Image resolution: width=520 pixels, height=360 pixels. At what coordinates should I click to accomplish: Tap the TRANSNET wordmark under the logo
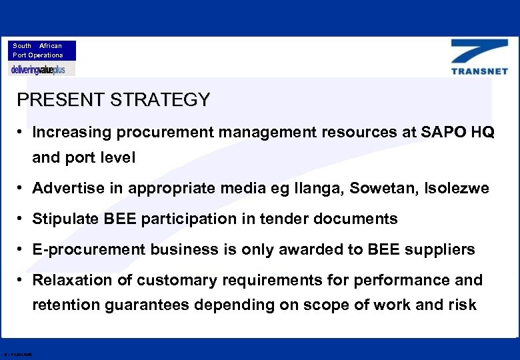pos(479,71)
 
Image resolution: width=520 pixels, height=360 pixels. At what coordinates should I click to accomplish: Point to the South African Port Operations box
pos(42,51)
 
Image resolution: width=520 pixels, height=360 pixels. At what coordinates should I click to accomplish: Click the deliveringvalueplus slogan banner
pos(42,69)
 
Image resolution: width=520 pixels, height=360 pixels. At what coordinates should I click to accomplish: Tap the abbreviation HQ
pos(483,132)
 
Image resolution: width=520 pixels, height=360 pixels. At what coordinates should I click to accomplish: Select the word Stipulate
pos(65,219)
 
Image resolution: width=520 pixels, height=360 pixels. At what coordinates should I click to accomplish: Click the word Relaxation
pos(72,280)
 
